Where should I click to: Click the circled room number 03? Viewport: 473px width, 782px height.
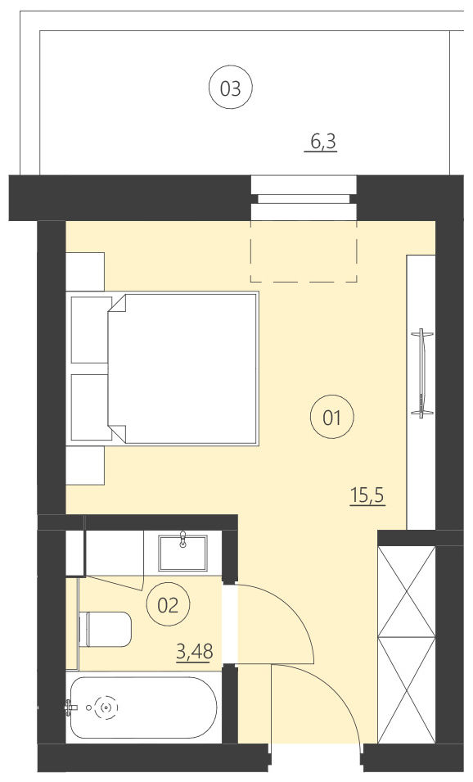click(x=231, y=88)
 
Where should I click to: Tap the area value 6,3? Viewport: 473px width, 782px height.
click(x=322, y=142)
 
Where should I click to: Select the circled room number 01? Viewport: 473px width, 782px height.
click(x=331, y=418)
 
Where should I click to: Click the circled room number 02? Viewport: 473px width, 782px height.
click(x=167, y=605)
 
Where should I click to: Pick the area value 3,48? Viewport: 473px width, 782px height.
click(x=193, y=652)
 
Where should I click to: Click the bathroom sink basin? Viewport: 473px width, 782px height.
click(x=183, y=553)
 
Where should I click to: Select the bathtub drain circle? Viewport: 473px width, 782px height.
click(x=106, y=707)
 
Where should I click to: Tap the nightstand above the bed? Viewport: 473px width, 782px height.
click(x=85, y=271)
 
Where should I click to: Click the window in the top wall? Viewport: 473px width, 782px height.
click(x=304, y=198)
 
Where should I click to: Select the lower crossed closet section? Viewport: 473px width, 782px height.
click(x=406, y=689)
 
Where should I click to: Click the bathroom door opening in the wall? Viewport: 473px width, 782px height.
click(x=230, y=623)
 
